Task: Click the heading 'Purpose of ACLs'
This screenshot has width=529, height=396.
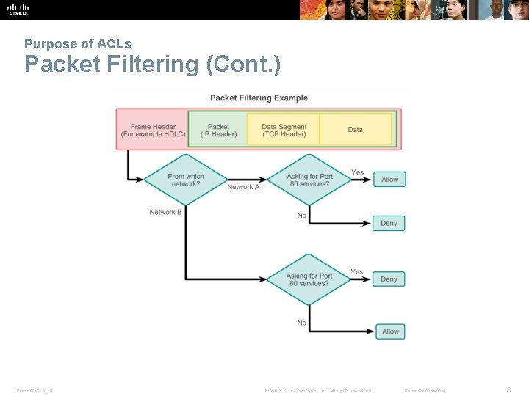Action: click(x=77, y=44)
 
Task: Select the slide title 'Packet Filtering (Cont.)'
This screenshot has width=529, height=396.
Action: click(x=152, y=65)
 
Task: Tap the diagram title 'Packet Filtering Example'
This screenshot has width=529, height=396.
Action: click(x=259, y=98)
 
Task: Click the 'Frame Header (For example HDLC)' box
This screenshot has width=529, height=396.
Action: click(x=153, y=130)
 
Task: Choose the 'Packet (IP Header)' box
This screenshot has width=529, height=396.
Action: click(x=218, y=130)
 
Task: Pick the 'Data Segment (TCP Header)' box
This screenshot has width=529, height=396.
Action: click(x=284, y=130)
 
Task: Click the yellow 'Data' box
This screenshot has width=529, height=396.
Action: click(x=356, y=130)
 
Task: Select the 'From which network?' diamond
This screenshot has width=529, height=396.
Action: click(x=186, y=180)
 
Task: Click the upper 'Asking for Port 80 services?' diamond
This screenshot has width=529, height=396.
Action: click(x=309, y=180)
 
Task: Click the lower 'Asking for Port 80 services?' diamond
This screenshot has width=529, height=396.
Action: click(x=309, y=279)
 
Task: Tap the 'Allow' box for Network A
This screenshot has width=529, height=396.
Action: click(x=390, y=180)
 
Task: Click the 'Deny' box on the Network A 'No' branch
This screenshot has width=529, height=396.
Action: click(x=389, y=223)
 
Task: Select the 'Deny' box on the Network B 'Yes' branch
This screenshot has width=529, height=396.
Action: click(x=389, y=279)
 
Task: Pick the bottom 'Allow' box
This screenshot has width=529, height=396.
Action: click(x=390, y=331)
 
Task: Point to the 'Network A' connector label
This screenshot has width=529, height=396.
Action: click(x=243, y=187)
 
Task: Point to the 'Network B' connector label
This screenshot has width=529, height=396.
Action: click(x=165, y=212)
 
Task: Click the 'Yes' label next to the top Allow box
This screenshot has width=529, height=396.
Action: click(x=357, y=172)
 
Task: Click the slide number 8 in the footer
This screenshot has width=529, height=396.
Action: click(x=508, y=390)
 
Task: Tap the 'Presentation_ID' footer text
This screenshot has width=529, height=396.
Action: click(x=35, y=391)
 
